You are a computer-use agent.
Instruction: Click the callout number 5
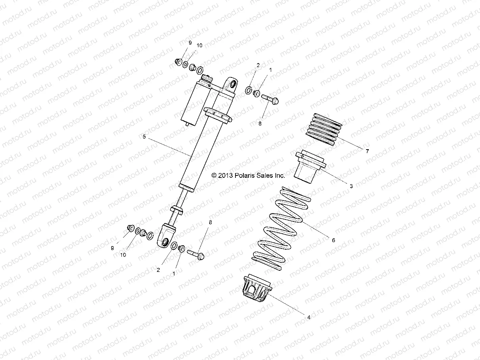(145, 137)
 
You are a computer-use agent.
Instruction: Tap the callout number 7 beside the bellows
(367, 151)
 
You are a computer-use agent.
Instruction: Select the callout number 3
(351, 185)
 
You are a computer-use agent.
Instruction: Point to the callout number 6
(333, 240)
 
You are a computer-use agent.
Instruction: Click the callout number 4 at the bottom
(308, 317)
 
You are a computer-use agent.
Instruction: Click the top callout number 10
(200, 46)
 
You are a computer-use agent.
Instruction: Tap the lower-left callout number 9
(112, 248)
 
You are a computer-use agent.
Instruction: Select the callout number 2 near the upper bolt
(258, 65)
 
